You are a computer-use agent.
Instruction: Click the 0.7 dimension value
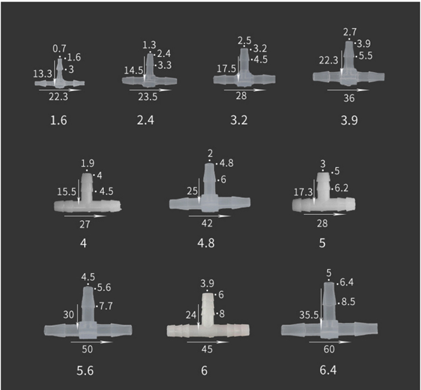pos(59,49)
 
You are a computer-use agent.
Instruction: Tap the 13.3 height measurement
pos(43,73)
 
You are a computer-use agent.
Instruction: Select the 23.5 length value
pos(148,97)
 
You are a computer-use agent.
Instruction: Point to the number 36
pos(349,98)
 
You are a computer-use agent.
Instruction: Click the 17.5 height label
pos(226,69)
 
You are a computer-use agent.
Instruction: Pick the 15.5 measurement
pos(66,191)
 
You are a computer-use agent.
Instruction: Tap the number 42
pos(207,223)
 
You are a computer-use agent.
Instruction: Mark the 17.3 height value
pos(303,192)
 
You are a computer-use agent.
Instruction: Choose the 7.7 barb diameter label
pos(106,306)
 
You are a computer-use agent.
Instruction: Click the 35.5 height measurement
pos(309,315)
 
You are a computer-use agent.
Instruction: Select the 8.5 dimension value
pos(348,302)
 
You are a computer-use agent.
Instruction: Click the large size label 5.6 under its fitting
pos(85,371)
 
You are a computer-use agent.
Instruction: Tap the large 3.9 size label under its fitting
pos(349,120)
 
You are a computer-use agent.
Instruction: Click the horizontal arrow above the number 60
pos(330,342)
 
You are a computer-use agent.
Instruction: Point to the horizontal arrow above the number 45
pos(208,342)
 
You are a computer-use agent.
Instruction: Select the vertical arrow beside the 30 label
pos(78,317)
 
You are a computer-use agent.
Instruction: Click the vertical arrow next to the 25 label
pos(199,191)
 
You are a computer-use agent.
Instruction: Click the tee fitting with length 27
pos(87,193)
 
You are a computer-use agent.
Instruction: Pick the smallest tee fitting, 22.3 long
pos(59,73)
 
